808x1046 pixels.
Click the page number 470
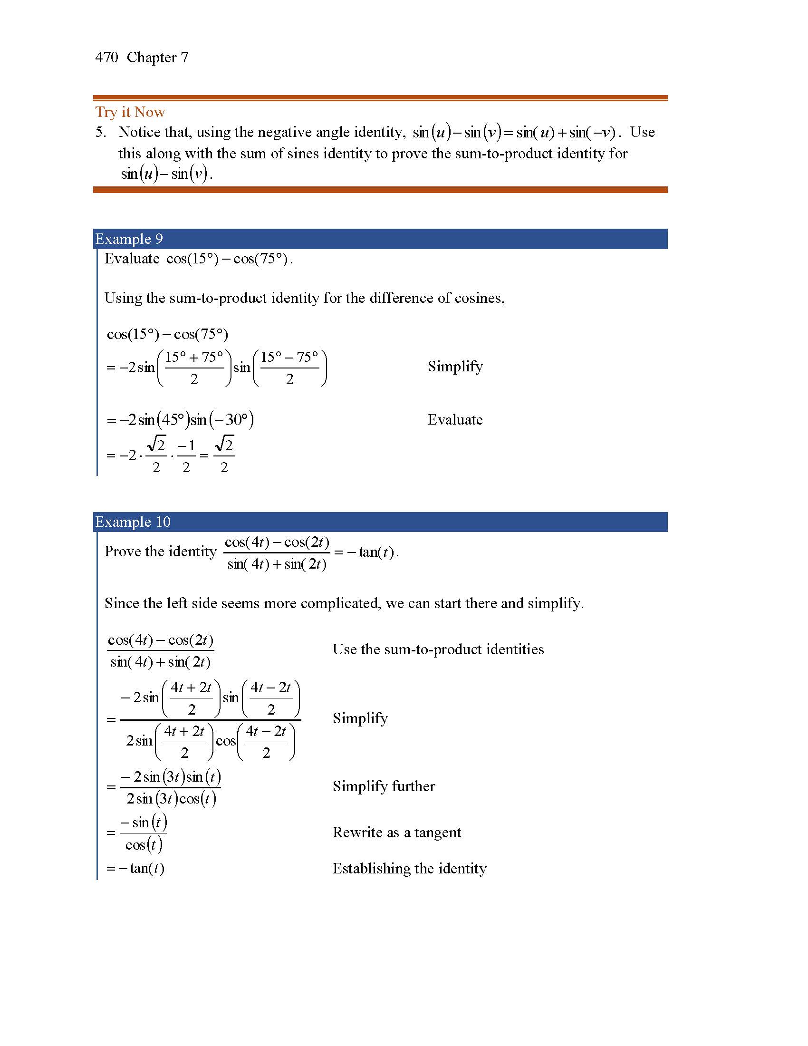106,58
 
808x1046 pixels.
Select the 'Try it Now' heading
130,112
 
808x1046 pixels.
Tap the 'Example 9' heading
129,239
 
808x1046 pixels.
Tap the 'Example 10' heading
133,522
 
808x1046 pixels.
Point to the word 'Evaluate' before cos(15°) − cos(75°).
132,259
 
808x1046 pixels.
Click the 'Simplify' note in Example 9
455,367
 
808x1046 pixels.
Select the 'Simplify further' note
384,786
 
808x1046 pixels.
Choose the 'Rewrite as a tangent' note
396,833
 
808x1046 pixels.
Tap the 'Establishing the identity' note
409,869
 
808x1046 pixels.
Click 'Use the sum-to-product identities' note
438,649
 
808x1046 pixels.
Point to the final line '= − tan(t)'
135,869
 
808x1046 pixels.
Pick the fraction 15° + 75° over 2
194,368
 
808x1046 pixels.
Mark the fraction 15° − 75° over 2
289,368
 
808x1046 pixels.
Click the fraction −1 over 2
186,456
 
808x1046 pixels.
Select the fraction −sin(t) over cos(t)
143,834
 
